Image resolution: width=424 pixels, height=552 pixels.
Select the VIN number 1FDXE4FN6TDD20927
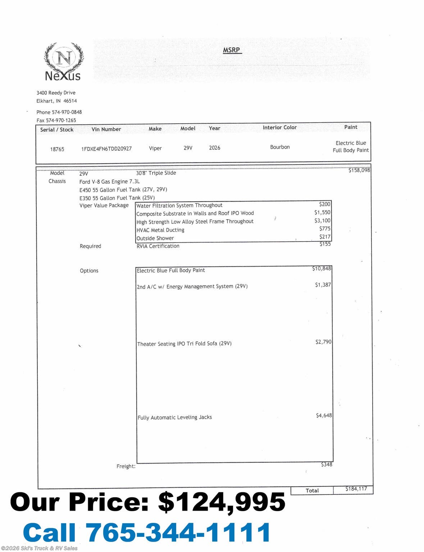(106, 148)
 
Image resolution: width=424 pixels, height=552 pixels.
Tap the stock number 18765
(57, 149)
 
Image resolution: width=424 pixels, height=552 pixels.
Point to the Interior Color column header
(279, 127)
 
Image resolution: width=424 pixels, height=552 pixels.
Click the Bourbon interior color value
(280, 147)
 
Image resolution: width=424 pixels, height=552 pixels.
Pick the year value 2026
(214, 148)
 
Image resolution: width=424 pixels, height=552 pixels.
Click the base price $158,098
(359, 170)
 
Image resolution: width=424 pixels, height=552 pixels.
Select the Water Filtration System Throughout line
(179, 205)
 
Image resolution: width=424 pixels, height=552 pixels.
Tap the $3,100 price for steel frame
(322, 221)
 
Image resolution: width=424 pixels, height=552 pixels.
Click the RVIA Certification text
(158, 246)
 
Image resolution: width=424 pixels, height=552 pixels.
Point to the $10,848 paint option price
(322, 268)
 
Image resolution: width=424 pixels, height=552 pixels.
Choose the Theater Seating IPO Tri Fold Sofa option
(184, 344)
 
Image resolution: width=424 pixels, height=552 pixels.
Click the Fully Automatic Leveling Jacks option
(175, 417)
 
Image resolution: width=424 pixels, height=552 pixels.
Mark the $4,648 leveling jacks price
(324, 415)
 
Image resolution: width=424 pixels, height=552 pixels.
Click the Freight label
(126, 466)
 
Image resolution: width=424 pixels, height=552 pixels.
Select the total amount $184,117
(356, 489)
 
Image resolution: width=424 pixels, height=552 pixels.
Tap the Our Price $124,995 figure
(222, 502)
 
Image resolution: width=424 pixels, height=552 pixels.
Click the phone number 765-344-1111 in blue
(178, 532)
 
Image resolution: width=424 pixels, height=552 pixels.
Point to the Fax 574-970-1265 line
(56, 120)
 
